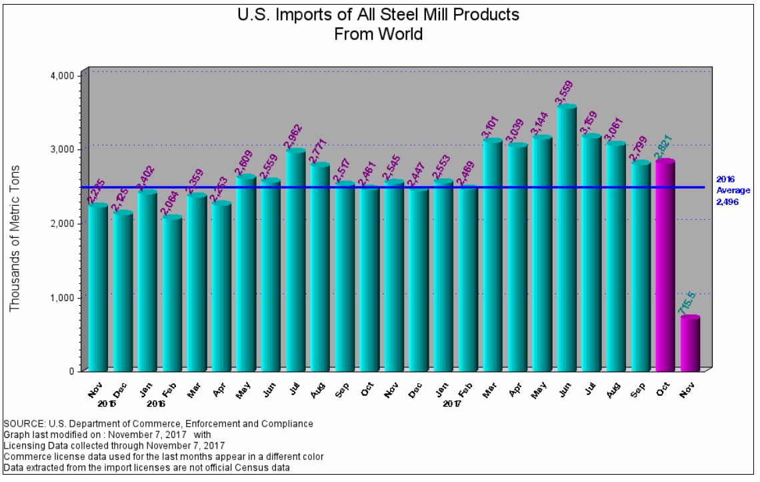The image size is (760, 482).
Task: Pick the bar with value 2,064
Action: click(x=172, y=294)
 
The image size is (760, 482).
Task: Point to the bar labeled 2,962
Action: click(x=295, y=260)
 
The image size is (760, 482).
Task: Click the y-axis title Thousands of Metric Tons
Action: click(x=15, y=238)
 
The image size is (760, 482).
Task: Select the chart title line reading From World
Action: click(x=379, y=34)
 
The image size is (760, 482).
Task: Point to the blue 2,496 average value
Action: click(x=729, y=201)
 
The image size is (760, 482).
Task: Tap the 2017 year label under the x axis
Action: click(x=452, y=404)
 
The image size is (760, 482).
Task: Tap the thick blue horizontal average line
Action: click(x=400, y=188)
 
